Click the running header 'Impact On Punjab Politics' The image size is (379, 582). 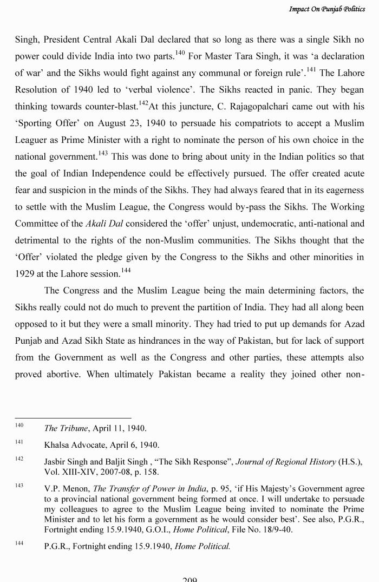click(x=326, y=9)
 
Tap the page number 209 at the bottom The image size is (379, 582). click(x=190, y=579)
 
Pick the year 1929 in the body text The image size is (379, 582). click(x=25, y=273)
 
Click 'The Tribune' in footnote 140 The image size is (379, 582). click(x=66, y=428)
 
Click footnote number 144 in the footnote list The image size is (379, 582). click(x=19, y=543)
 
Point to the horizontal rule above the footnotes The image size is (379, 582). click(x=73, y=418)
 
